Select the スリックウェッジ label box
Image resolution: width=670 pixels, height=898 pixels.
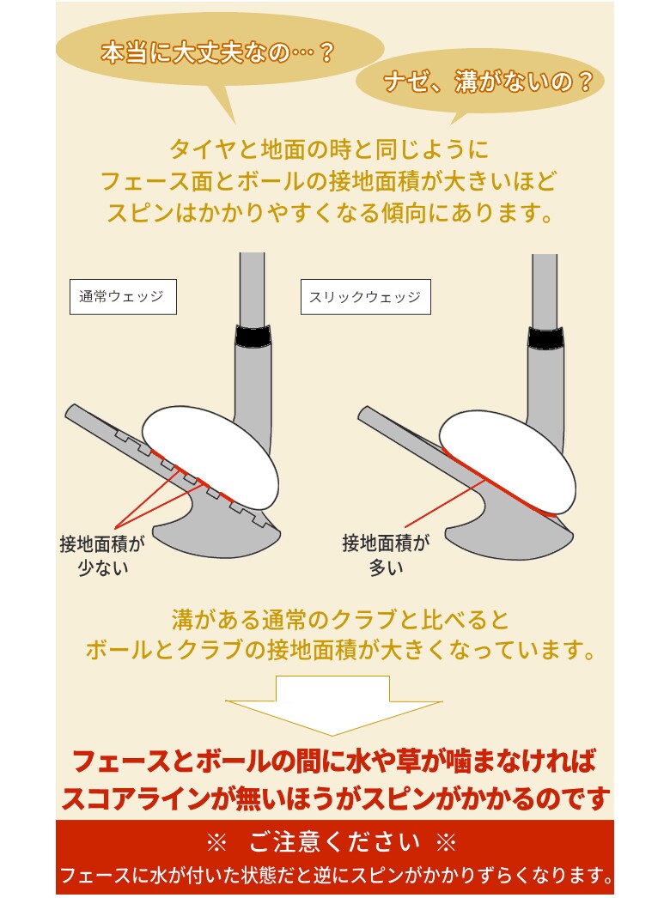click(365, 296)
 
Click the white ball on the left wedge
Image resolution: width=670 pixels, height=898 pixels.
click(210, 455)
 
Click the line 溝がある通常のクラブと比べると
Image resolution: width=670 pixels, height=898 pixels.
click(340, 619)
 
